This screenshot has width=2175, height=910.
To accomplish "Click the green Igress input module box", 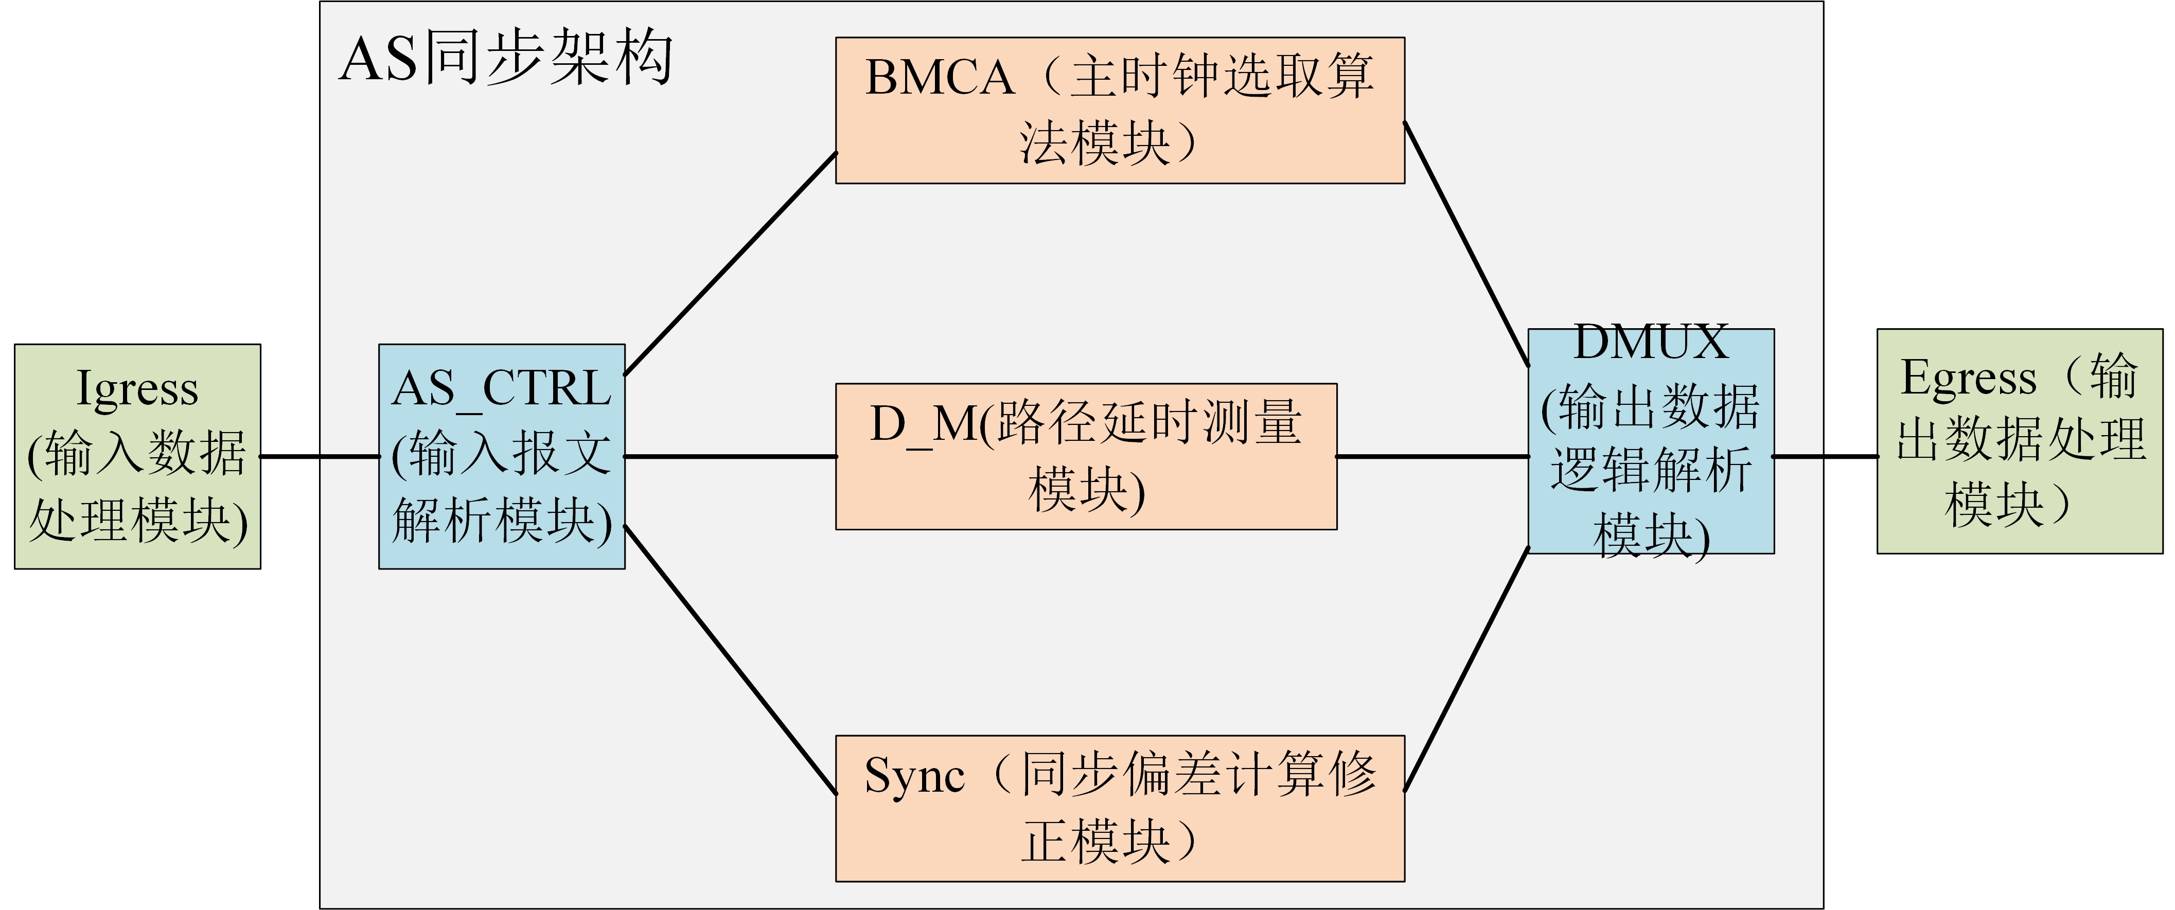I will (x=137, y=456).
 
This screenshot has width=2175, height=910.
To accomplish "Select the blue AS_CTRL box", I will (x=502, y=456).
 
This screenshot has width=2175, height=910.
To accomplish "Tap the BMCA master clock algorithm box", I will (x=1120, y=110).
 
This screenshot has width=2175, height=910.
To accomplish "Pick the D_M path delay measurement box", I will (x=1086, y=456).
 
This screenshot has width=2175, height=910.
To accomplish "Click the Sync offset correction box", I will (x=1120, y=808).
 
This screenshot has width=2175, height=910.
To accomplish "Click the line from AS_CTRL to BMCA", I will (x=730, y=263).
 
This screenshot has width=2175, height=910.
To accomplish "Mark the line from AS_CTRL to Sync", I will (x=730, y=659).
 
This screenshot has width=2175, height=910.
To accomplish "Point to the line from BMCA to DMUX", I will (x=1466, y=245).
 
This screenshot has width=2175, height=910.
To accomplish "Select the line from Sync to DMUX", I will (x=1466, y=669).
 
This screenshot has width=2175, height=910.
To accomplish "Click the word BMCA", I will (x=939, y=78).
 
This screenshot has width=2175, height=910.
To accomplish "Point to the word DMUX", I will (x=1651, y=343).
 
